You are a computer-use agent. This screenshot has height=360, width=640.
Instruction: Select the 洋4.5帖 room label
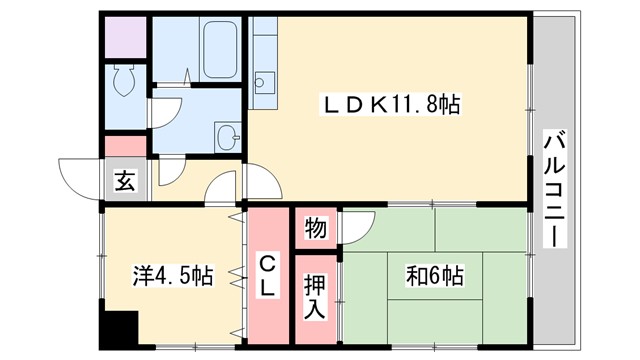point(173,275)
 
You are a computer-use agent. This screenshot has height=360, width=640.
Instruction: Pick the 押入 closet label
point(315,295)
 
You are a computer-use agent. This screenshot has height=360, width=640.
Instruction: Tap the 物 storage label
point(315,228)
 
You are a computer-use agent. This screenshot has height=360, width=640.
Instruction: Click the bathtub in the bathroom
point(217,44)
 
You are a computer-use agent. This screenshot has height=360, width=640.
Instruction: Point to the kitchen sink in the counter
point(265,82)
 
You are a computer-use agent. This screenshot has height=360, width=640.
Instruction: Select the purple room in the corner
point(126,37)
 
